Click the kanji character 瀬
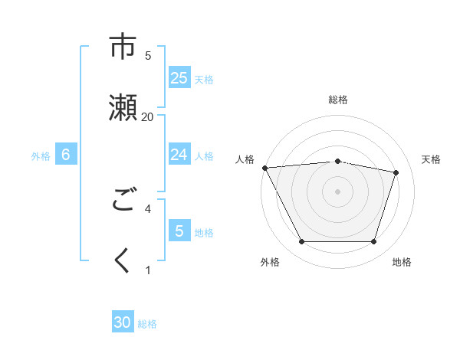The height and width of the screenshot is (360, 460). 123,107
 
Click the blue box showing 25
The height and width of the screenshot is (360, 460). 179,77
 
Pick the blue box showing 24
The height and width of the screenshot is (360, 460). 179,155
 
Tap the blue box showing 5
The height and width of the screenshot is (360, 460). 179,231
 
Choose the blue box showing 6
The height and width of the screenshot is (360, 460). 66,155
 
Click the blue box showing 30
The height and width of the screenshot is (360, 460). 123,322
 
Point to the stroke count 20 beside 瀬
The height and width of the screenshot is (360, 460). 148,116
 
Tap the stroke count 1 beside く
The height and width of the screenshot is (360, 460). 148,270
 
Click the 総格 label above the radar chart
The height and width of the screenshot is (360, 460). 337,100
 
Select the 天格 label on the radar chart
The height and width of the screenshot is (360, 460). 431,159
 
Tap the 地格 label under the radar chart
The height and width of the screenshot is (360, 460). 402,263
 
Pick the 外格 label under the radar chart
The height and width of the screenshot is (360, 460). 270,263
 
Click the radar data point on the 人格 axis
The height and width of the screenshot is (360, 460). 264,168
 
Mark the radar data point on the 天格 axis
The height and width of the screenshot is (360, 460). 396,172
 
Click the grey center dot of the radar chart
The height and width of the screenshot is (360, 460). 337,191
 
